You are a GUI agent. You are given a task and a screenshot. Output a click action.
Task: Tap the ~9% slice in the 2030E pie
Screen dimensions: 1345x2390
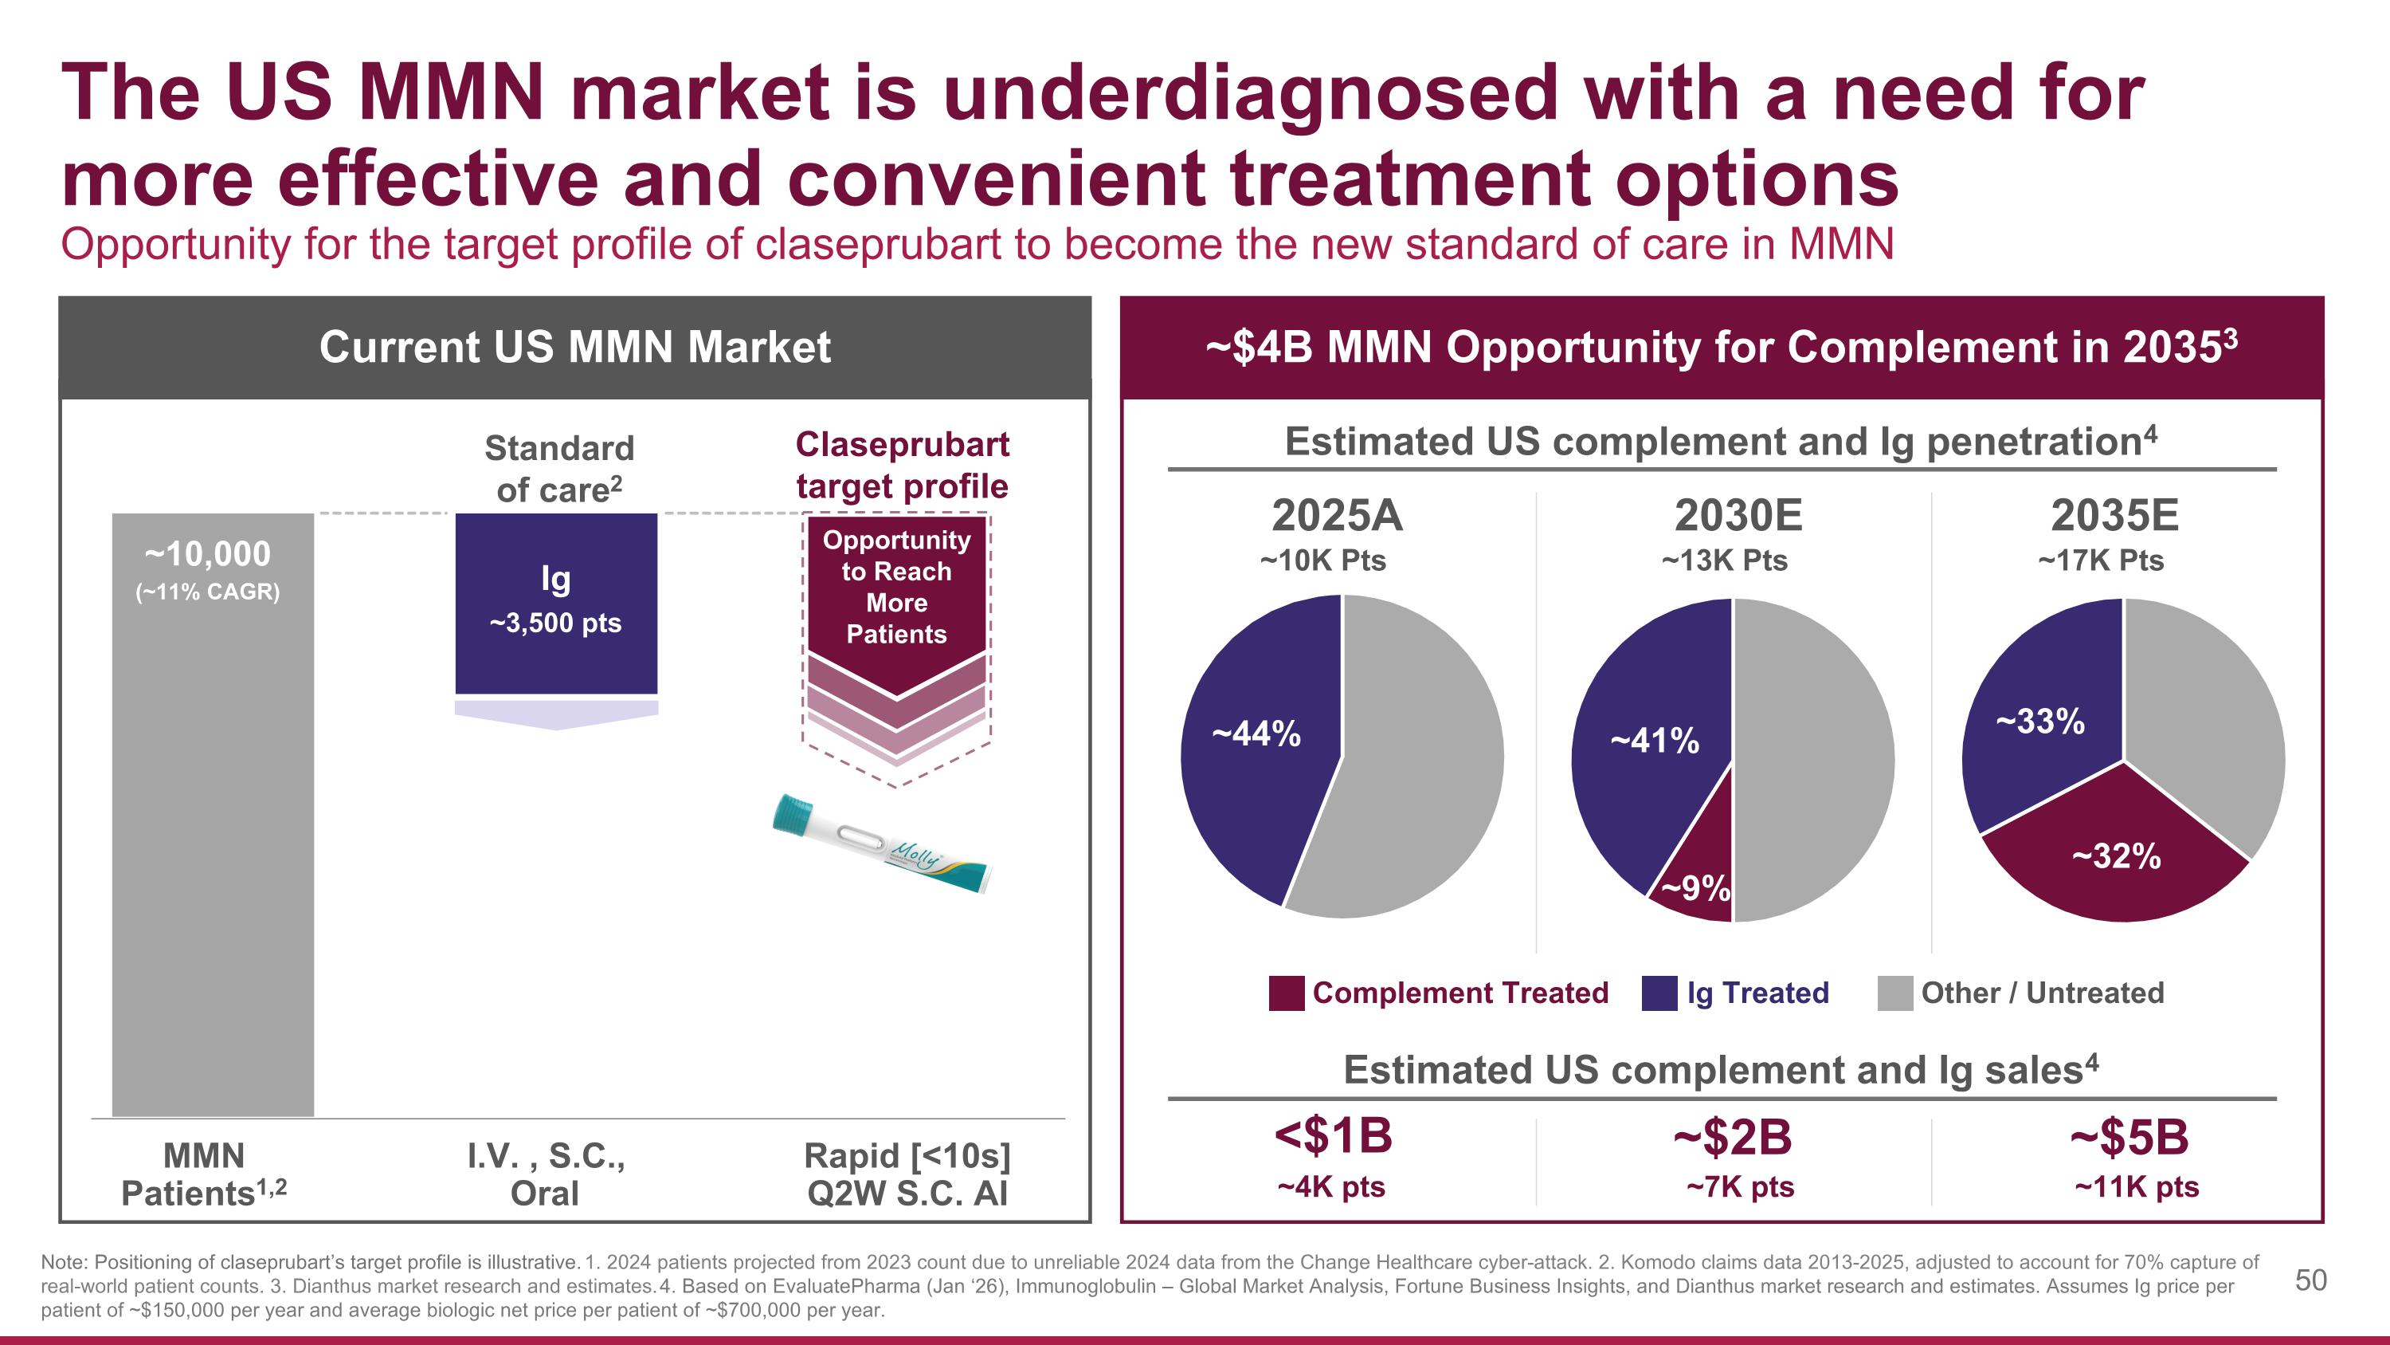1698,877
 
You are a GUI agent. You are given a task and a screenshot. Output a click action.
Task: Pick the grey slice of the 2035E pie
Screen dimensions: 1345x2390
2208,714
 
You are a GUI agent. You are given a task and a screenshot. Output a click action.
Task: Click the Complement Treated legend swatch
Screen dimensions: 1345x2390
1286,993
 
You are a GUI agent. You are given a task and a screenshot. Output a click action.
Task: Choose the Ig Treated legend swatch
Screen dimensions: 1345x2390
1659,993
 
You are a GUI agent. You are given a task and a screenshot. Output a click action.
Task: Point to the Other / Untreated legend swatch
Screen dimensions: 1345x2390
1894,993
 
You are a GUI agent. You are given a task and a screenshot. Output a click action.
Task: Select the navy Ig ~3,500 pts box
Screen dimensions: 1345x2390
556,604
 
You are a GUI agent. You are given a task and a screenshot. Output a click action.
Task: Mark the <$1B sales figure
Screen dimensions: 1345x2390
1334,1136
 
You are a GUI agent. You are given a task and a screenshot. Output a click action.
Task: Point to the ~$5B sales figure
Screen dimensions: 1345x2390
2129,1138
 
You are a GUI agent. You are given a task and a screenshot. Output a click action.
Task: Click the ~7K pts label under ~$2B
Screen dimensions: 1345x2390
1740,1187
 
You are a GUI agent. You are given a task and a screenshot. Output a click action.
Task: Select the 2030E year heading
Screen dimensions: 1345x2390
1738,515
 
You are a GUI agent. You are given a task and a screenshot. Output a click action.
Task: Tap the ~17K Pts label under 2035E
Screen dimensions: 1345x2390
2101,560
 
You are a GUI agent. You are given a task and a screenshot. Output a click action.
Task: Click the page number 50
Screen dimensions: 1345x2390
2310,1280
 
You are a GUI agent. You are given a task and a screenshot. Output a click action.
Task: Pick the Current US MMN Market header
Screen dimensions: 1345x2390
574,347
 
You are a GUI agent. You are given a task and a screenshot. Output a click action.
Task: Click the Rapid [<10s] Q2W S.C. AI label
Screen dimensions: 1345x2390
907,1174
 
